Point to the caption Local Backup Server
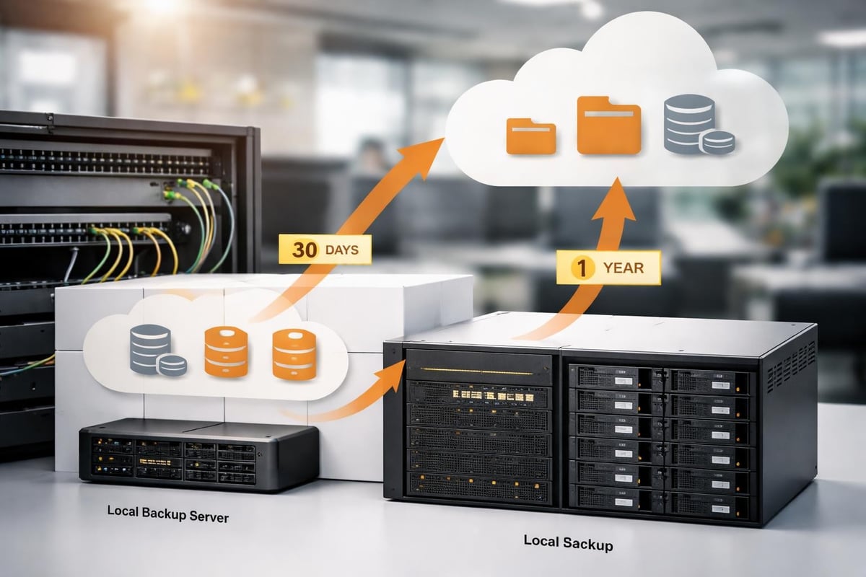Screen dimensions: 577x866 168,514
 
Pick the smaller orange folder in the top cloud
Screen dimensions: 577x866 530,136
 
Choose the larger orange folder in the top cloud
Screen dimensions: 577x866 608,128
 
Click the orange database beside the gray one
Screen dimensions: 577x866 226,351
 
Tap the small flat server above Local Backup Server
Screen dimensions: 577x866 198,454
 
